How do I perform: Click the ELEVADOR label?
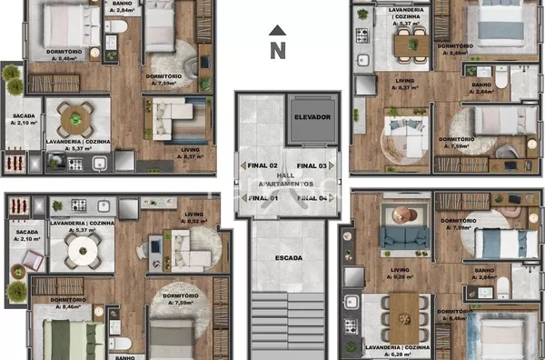point(312,118)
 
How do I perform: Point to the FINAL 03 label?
point(312,166)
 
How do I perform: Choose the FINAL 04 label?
point(312,197)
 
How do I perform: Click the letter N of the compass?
point(278,52)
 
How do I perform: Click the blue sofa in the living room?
point(404,238)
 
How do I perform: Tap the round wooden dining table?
point(75,117)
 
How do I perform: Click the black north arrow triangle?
point(278,31)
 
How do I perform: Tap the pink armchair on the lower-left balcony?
point(31,261)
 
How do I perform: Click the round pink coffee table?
point(401,215)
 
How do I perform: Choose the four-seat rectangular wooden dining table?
point(411,42)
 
